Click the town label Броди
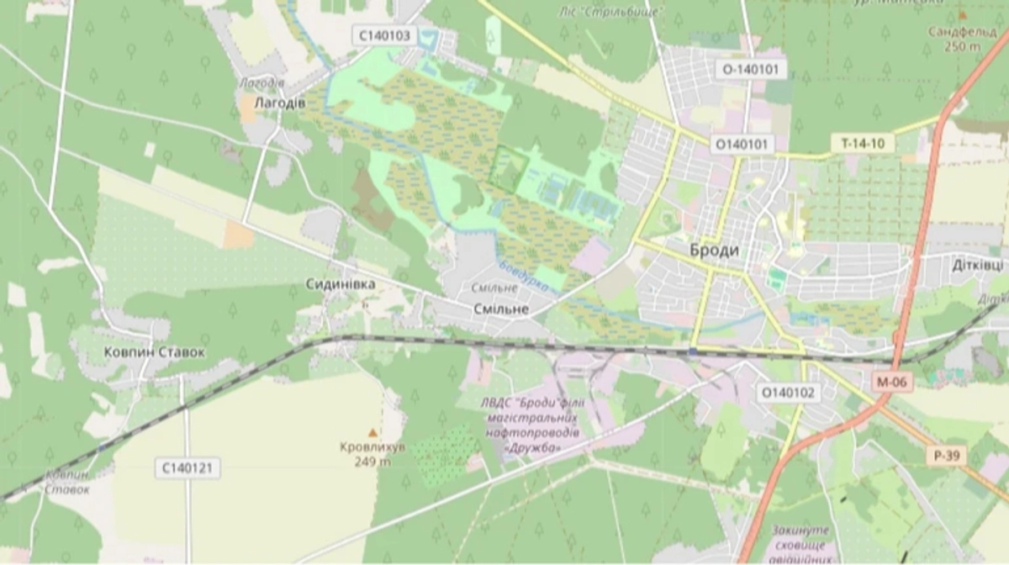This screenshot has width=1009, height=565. [714, 251]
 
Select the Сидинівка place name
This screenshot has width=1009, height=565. [341, 285]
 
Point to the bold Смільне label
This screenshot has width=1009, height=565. [500, 309]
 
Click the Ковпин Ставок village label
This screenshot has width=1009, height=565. [154, 351]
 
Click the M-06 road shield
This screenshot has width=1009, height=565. [892, 382]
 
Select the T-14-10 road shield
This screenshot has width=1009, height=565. [863, 143]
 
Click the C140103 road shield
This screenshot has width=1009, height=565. [384, 35]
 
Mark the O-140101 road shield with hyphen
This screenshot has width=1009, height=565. [751, 69]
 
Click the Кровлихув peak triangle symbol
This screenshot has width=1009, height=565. [372, 433]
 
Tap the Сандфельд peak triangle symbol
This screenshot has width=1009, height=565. [962, 15]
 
